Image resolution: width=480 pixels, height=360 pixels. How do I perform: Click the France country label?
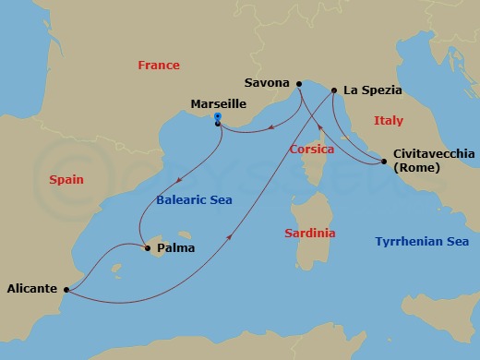[158, 66]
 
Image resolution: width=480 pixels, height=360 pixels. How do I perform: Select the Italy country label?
[389, 121]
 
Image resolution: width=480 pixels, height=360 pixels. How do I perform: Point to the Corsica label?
[311, 149]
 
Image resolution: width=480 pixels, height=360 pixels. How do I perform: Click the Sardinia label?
[310, 234]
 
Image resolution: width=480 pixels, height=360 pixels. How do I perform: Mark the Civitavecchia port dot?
[383, 162]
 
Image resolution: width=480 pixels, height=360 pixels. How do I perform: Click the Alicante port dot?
[67, 290]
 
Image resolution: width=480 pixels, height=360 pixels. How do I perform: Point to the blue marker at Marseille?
[217, 117]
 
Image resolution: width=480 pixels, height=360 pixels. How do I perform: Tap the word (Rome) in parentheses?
[416, 168]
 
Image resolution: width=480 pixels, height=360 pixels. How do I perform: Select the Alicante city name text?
[32, 288]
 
